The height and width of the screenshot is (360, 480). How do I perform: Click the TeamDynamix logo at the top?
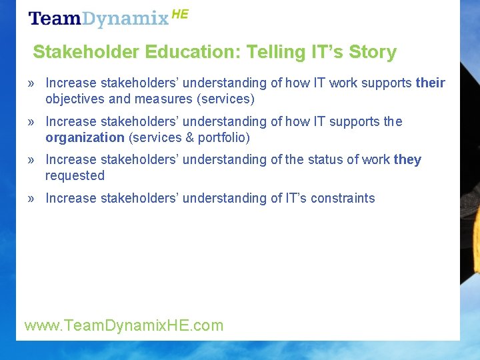click(99, 18)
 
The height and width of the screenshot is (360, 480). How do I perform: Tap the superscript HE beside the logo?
click(180, 14)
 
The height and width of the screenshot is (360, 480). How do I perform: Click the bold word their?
click(430, 83)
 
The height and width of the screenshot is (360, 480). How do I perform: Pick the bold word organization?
click(85, 138)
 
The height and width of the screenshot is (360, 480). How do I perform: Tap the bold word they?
click(407, 160)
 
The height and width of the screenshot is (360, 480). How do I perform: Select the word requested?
click(75, 176)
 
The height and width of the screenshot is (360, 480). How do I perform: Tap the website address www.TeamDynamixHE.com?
click(124, 325)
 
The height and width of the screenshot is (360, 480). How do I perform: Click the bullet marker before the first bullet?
click(31, 84)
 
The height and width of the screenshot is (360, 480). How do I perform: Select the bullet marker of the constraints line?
click(31, 199)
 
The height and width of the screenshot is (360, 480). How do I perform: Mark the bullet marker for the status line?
click(31, 161)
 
